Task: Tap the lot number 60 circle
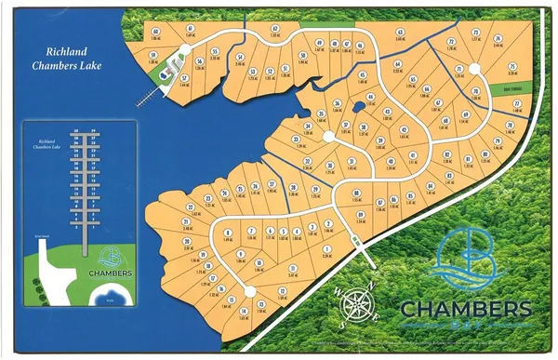pos(155,32)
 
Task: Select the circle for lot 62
pos(275,29)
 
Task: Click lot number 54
pos(239,58)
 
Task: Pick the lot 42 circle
pos(405,129)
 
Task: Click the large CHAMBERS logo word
pos(466,308)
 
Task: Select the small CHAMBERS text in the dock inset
pos(110,273)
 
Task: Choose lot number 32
pos(307,163)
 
